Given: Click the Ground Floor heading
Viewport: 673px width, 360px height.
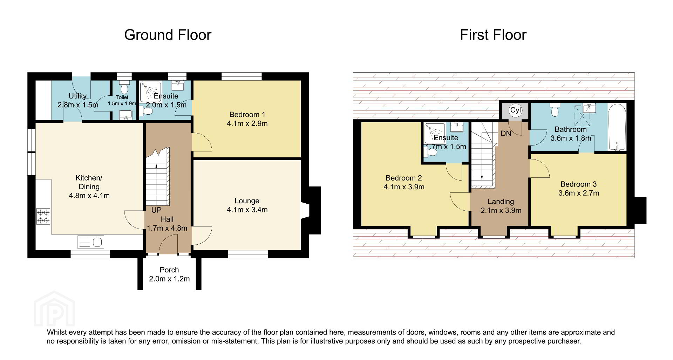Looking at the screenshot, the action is (168, 35).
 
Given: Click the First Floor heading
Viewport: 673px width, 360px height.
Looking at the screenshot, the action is (493, 35).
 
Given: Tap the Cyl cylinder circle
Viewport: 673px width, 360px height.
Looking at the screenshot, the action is (515, 110).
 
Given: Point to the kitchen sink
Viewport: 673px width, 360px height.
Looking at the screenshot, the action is (90, 242).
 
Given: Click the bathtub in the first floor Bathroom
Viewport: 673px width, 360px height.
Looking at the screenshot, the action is (617, 127).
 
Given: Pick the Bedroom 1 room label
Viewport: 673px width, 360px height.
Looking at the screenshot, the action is (247, 115).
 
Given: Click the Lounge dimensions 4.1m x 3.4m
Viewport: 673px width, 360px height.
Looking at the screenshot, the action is (247, 210).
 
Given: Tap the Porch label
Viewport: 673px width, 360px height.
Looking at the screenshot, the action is (169, 270).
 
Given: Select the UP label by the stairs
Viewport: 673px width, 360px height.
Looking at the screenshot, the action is (156, 210).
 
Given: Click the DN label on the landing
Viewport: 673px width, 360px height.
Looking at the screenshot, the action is (506, 134).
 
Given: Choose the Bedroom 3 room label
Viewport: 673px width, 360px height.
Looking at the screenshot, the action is (578, 184).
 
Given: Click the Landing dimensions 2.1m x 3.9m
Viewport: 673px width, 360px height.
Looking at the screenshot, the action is (501, 211).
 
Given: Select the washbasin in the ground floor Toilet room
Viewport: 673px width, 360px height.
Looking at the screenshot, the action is (125, 115).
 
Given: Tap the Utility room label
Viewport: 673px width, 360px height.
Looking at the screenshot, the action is (77, 96).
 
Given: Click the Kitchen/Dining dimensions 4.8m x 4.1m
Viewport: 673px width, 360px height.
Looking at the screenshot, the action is (89, 196).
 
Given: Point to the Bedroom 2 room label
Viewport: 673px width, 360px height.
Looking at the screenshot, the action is (404, 178).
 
